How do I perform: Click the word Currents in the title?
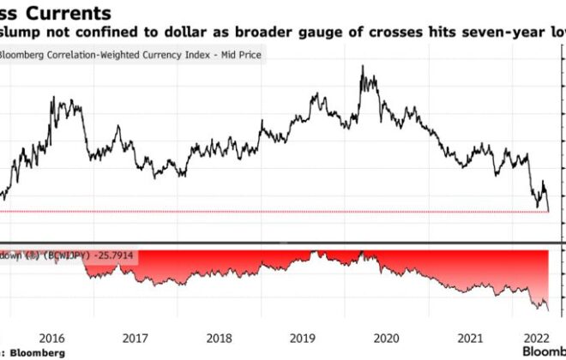pos(72,14)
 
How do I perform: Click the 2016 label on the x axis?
pos(53,338)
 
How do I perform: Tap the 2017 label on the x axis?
pos(135,338)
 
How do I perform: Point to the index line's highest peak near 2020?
pos(362,66)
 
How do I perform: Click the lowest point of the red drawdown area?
pos(547,309)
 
